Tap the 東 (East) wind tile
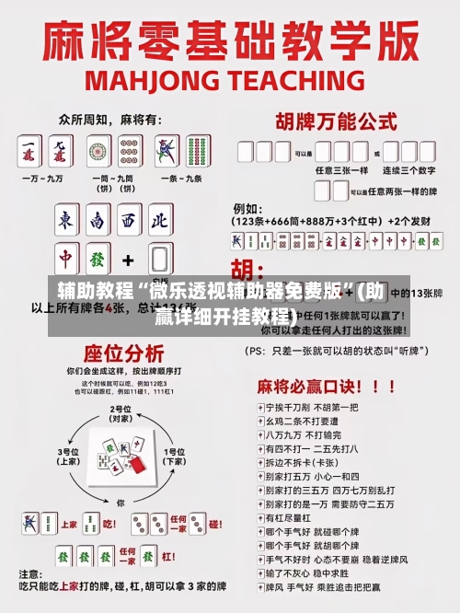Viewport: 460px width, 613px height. pyautogui.click(x=65, y=221)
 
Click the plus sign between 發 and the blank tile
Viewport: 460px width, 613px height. pyautogui.click(x=129, y=260)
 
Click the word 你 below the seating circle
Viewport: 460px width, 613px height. pyautogui.click(x=121, y=503)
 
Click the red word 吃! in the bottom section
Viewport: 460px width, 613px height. pyautogui.click(x=109, y=525)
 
